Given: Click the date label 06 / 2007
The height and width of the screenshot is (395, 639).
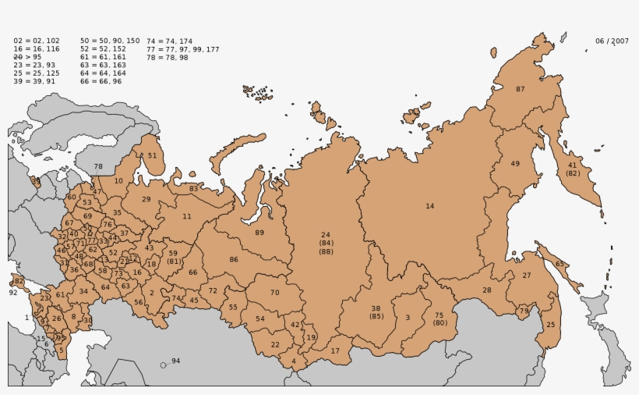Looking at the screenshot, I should tap(612, 41).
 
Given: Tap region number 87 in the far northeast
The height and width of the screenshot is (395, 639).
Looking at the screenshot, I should tap(521, 89).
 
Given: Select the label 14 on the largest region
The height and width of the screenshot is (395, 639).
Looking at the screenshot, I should tap(429, 206).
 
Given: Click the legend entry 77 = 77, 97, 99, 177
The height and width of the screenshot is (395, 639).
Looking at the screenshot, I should tap(182, 49).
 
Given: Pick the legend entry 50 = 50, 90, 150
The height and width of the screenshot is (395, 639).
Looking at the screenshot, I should tap(110, 41).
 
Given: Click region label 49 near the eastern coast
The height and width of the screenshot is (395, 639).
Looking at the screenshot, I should tap(515, 164).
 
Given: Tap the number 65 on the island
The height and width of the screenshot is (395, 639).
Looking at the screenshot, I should tap(560, 264).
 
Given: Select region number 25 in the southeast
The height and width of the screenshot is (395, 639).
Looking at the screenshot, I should tap(551, 325).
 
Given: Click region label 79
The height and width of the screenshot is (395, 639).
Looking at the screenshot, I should tap(524, 311).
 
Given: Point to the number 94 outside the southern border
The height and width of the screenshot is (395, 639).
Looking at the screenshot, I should tap(175, 361).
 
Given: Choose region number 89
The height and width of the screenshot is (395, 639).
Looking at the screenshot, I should tap(259, 233).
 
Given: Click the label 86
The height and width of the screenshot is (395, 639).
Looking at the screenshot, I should tap(234, 259).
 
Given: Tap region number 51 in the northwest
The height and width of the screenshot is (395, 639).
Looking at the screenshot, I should tap(152, 155).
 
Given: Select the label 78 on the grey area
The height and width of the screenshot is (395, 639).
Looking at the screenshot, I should tap(98, 166).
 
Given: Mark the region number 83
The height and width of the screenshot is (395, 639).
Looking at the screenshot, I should tap(193, 189).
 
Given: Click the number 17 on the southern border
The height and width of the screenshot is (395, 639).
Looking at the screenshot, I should tap(335, 351).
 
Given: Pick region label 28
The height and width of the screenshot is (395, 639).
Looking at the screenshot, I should tap(487, 290).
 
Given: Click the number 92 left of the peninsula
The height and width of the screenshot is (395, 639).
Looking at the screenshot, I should tap(12, 293).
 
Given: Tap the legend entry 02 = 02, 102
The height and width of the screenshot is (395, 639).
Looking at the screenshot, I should tap(37, 41).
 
